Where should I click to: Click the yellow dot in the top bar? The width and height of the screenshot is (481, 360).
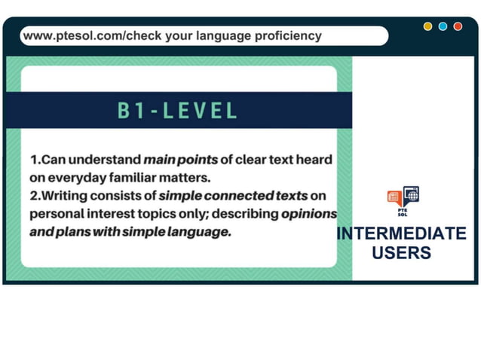coord(427,26)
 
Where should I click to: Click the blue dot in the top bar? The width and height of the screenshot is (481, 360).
coord(443,26)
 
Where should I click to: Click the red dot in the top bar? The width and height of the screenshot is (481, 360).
coord(458,26)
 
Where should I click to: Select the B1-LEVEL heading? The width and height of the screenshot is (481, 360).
coord(178,111)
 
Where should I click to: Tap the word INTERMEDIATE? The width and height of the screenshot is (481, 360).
coord(401,234)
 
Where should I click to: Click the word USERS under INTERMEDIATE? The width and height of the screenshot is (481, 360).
coord(401,252)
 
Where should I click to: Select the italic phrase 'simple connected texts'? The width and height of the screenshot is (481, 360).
coord(234,196)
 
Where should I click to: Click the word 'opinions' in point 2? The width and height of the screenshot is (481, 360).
coord(309,214)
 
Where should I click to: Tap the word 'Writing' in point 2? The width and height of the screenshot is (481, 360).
coord(66,196)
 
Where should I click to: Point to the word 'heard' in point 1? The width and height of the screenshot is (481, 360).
coord(316,160)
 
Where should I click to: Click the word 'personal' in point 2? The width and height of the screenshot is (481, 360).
coord(57,214)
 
